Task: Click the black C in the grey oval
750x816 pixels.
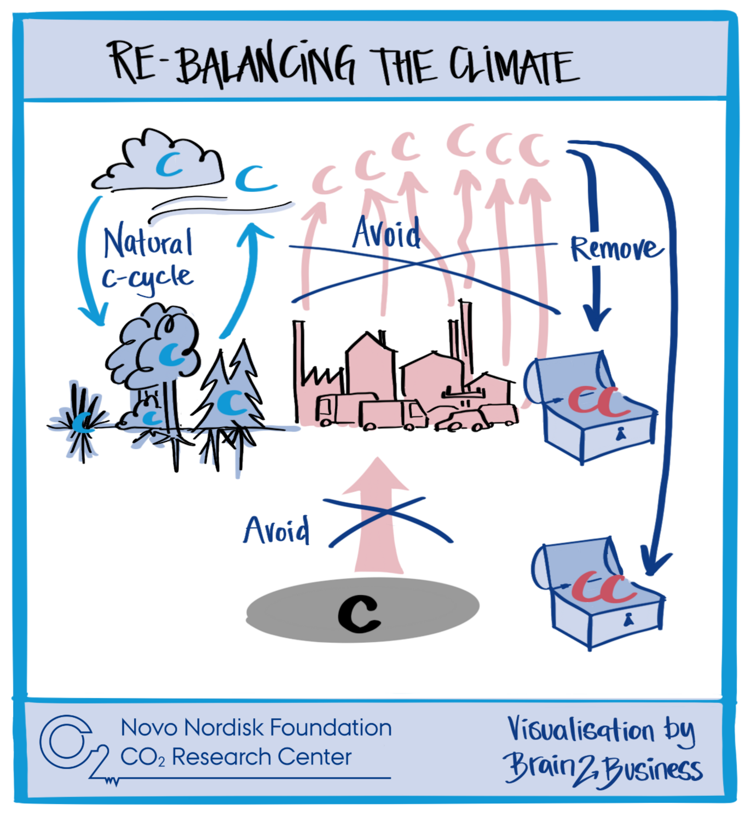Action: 359,613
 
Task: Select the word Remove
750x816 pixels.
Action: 615,249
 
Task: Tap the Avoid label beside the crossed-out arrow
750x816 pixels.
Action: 277,531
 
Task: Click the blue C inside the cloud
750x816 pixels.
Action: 169,164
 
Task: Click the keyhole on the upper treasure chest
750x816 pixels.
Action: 620,434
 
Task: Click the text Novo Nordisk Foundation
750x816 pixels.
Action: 256,728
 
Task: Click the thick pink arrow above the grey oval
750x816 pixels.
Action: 377,520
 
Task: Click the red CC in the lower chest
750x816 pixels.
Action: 602,588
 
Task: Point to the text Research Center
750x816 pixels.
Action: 261,757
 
